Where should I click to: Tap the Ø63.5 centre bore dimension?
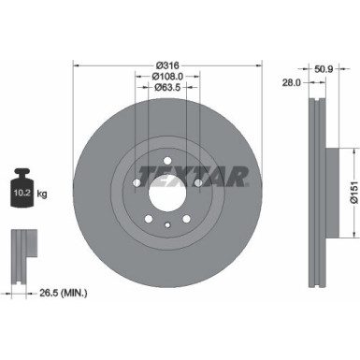coord(168,90)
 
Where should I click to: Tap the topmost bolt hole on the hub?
coord(168,160)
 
